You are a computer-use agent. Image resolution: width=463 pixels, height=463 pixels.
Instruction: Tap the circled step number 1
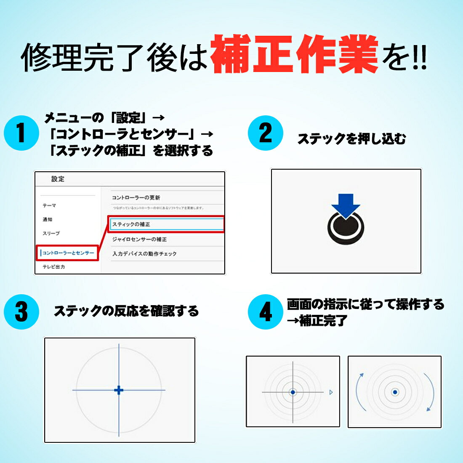[21, 133]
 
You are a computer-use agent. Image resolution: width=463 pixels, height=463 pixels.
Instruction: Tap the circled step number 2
[265, 133]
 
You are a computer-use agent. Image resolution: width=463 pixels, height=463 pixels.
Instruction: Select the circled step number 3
[21, 312]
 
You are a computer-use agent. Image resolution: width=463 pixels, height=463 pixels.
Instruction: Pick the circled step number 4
[265, 312]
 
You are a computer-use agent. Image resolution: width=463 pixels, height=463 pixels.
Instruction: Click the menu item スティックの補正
[131, 224]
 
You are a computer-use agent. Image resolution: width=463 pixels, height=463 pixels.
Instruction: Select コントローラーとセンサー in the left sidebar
[68, 253]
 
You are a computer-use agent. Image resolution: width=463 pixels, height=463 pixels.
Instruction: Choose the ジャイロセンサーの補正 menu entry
[139, 239]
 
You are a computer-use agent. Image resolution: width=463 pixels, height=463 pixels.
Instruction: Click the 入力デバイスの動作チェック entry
[144, 254]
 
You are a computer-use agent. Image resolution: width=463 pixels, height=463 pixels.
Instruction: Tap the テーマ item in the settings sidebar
[49, 205]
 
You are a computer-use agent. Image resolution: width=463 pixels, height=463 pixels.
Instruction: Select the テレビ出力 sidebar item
[53, 267]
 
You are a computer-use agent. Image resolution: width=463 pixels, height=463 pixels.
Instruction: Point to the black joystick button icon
[346, 229]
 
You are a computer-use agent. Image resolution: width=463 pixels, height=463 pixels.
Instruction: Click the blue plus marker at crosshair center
[119, 390]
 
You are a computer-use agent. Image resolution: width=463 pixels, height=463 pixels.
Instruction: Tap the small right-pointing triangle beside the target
[331, 392]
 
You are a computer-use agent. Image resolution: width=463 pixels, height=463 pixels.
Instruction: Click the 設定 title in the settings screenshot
[58, 179]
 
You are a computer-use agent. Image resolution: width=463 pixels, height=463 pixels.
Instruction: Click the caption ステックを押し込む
[351, 138]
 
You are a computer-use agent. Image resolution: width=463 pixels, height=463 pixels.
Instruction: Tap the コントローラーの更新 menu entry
[136, 197]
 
